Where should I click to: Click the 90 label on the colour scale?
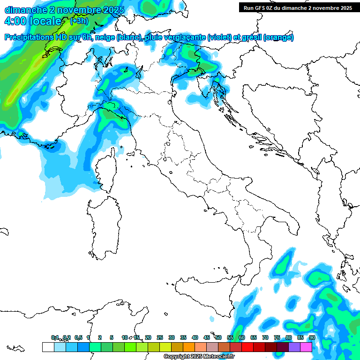pos(312,337)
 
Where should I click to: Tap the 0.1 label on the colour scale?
pos(55,337)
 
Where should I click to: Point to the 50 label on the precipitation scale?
pos(218,337)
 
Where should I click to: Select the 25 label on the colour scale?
pos(160,337)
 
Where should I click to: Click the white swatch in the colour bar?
pos(48,347)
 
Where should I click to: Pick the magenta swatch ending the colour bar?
pos(306,347)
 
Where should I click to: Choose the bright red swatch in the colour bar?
pos(247,347)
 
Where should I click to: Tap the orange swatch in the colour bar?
pos(189,347)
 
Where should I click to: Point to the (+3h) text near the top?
pos(79,21)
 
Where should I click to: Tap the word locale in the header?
pos(45,21)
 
